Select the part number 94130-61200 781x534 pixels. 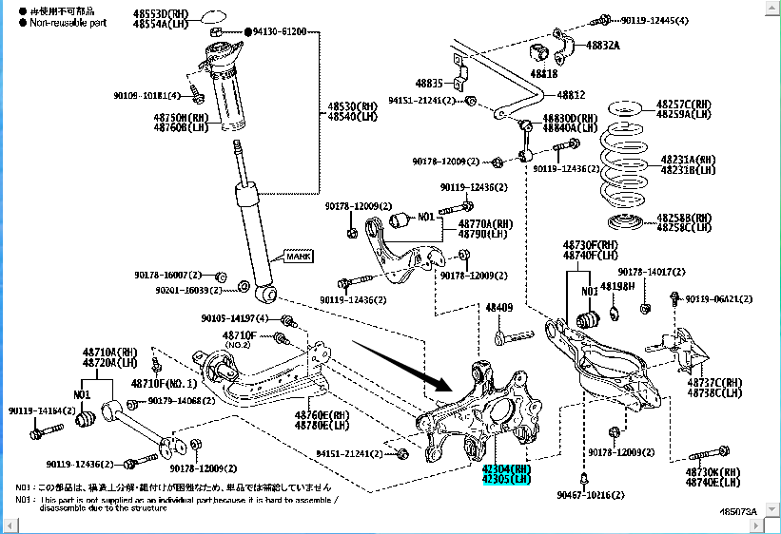pyautogui.click(x=280, y=31)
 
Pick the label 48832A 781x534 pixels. pyautogui.click(x=602, y=45)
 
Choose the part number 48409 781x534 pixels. pyautogui.click(x=498, y=308)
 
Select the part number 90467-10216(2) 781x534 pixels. pyautogui.click(x=591, y=495)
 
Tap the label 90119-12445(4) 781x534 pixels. pyautogui.click(x=655, y=19)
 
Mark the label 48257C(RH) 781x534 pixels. pyautogui.click(x=683, y=104)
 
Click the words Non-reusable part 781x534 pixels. pyautogui.click(x=68, y=22)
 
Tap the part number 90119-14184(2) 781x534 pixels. pyautogui.click(x=41, y=410)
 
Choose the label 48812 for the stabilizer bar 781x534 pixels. pyautogui.click(x=571, y=95)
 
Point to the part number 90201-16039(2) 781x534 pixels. pyautogui.click(x=189, y=290)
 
